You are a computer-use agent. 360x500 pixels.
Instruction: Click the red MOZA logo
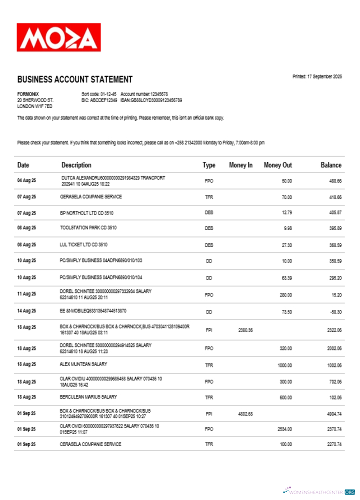(58, 37)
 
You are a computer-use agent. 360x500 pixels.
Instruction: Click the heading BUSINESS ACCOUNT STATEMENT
(75, 79)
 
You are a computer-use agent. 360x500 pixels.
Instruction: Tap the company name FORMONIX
(28, 94)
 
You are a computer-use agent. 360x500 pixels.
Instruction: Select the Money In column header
(240, 165)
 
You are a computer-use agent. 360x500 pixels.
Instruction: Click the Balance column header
(331, 165)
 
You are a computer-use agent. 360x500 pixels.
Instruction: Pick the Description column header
(76, 165)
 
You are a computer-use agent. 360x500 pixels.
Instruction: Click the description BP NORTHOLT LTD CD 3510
(86, 213)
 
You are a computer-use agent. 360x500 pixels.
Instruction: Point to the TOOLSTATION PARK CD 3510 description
(88, 227)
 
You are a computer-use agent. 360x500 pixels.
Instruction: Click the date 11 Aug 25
(26, 294)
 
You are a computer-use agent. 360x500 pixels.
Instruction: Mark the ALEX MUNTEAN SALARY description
(83, 364)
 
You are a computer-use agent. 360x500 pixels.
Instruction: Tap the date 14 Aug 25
(26, 311)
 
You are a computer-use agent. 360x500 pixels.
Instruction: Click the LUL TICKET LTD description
(83, 245)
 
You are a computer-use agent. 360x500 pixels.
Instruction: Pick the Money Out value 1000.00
(284, 365)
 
